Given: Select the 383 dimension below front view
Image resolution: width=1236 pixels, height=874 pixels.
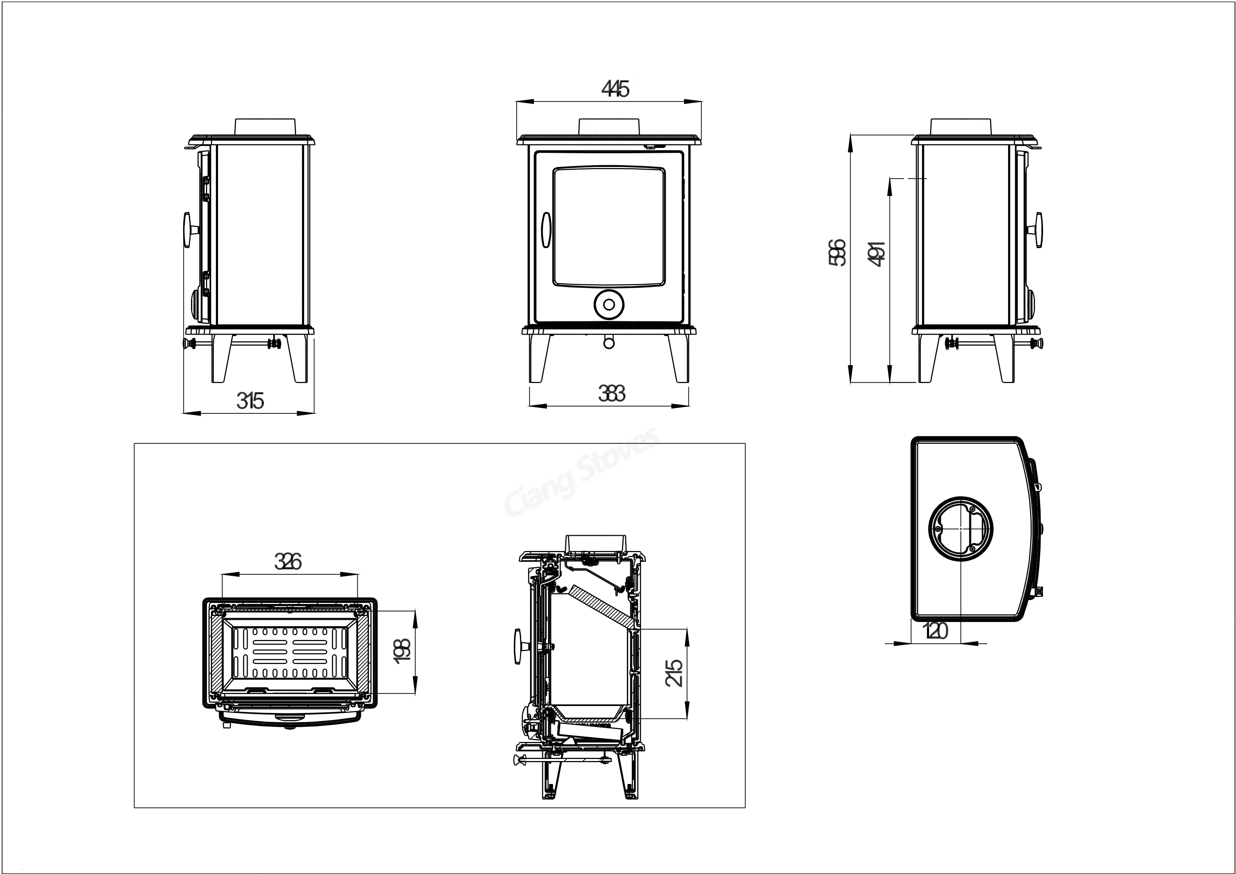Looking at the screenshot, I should pos(611,394).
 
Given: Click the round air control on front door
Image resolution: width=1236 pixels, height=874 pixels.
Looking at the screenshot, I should pos(609,305).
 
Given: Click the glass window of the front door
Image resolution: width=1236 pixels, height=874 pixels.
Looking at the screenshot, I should pos(609,226).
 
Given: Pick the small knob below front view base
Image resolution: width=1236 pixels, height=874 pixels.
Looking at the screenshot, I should pos(609,342).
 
